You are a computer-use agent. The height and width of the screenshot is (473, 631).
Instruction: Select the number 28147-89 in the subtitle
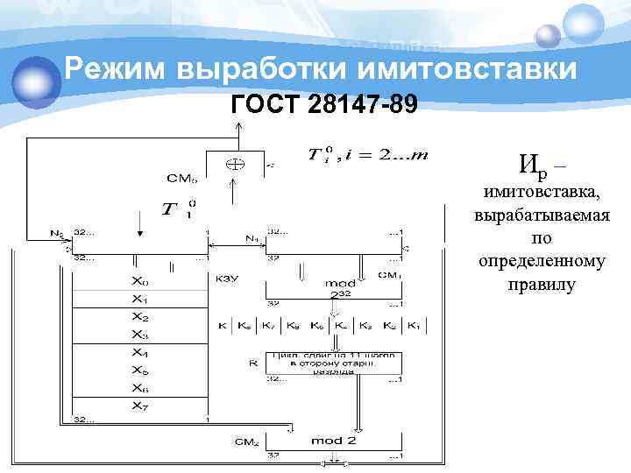click(x=361, y=107)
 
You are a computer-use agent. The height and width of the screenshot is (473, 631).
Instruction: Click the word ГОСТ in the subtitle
click(x=266, y=107)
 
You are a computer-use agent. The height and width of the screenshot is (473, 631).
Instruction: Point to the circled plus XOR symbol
click(x=235, y=163)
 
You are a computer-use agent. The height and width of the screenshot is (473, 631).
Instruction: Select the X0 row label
click(x=139, y=283)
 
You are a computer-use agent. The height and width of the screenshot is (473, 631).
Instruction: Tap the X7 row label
click(x=139, y=406)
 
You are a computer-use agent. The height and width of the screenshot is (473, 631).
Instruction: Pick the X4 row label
click(x=139, y=353)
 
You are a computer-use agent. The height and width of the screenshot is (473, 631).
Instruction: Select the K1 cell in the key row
click(x=413, y=327)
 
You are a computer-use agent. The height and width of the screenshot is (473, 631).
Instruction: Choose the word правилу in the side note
click(x=541, y=286)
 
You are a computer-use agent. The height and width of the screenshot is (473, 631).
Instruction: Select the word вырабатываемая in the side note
click(x=541, y=215)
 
